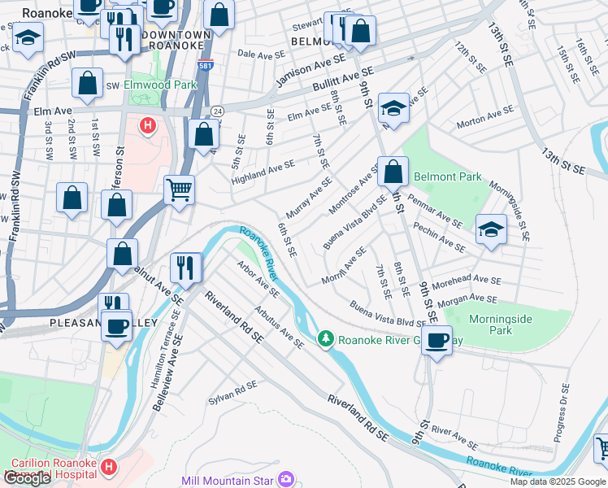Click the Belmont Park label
tap(447, 176)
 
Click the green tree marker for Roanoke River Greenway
tap(326, 338)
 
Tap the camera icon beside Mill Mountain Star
tap(284, 479)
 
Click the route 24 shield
tap(216, 111)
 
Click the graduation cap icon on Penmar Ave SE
tap(490, 229)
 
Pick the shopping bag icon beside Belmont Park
tap(393, 172)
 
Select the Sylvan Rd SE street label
tap(232, 390)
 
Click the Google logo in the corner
tap(27, 478)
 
